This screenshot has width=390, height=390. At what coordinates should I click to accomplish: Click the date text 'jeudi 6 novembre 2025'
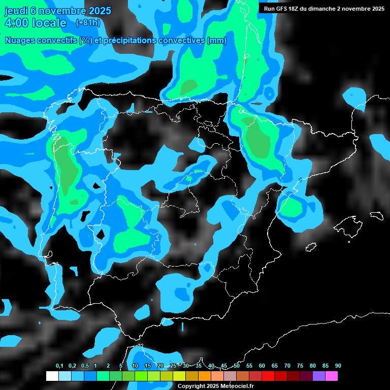pos(57,11)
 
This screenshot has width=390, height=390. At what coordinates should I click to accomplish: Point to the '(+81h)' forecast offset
pos(87,23)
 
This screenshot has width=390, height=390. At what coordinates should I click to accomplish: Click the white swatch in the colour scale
pos(52,376)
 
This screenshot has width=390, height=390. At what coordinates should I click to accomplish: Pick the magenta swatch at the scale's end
pos(332,376)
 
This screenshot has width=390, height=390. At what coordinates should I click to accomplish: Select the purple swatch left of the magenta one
pos(319,376)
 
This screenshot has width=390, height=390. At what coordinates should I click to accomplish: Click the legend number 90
pos(338,366)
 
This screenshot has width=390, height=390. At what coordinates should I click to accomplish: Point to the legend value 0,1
pos(59,366)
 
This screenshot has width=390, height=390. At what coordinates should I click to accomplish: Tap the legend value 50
pos(237,366)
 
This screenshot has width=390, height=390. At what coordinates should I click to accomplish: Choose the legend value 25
pos(173,366)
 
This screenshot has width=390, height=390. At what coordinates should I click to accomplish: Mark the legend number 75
pos(300,366)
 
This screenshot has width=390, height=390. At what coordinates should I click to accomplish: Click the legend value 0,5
pos(85,366)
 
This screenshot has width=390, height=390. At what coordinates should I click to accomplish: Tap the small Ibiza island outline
pos(310,248)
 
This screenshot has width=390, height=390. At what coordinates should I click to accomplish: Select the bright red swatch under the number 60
pos(268,376)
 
